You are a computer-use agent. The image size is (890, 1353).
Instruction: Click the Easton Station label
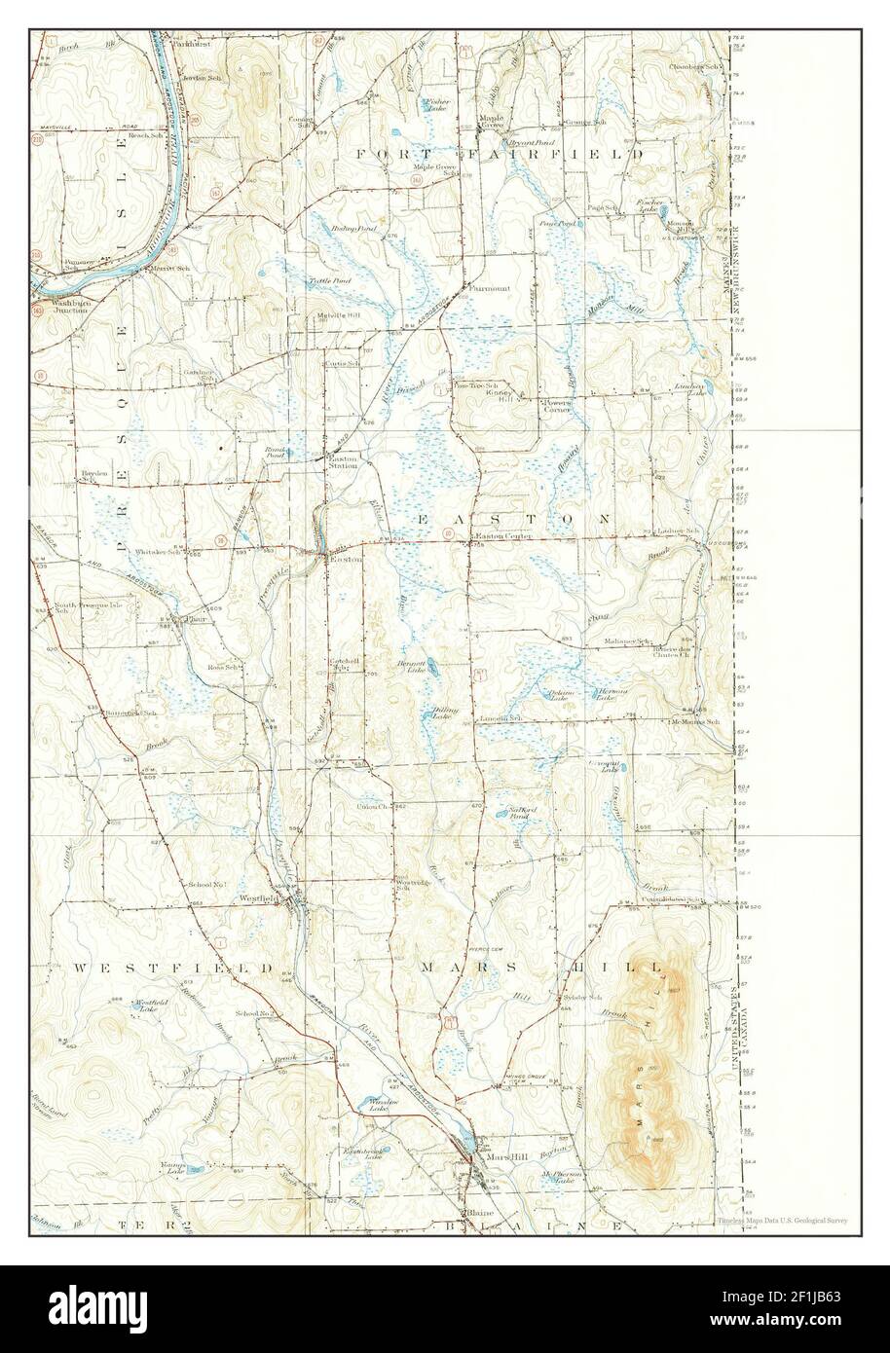click(x=343, y=461)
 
